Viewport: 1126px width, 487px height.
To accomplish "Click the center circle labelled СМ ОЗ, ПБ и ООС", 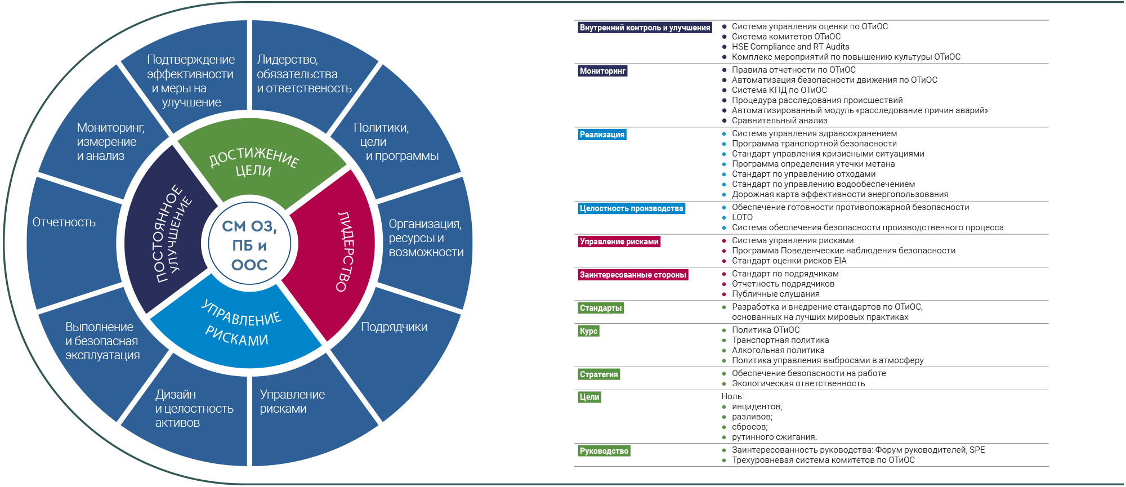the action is pos(249,245).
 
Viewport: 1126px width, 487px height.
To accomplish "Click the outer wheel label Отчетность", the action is pos(64,222).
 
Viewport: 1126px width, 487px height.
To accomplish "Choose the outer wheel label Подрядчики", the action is pos(394,327).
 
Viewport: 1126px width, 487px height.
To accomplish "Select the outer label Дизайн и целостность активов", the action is pos(194,409).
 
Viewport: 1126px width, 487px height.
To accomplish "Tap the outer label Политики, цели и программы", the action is pos(396,142).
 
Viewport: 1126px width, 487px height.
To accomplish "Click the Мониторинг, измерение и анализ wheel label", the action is pos(111,142).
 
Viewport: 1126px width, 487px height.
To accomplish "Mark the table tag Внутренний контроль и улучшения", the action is pos(645,28).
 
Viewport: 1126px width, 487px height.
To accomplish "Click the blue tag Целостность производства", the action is pos(632,208).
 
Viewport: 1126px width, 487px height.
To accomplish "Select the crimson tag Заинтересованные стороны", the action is pos(633,275).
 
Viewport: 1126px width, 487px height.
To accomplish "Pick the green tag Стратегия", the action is pos(599,374).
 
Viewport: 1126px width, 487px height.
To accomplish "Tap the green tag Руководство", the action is pos(604,451).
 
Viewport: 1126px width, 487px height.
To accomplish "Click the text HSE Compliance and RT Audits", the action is pos(790,47).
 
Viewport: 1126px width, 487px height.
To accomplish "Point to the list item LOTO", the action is pos(742,217).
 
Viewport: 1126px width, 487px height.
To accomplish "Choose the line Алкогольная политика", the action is pos(778,350).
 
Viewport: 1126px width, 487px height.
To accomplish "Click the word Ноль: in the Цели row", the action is pos(732,396).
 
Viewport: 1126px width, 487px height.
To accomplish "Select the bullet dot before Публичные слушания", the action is pos(724,294).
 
